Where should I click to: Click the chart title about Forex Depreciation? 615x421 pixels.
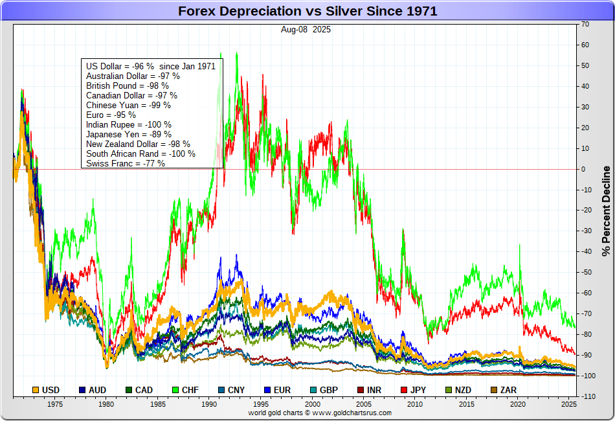[x=307, y=11]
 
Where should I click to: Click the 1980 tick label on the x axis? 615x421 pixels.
[x=106, y=405]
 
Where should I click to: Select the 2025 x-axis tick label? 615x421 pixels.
[x=568, y=405]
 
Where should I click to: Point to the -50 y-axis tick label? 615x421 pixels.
[x=587, y=272]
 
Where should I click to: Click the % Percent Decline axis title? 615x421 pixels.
[x=606, y=210]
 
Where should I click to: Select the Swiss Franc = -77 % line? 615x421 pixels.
[x=126, y=163]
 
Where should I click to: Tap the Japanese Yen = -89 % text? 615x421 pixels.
[x=129, y=134]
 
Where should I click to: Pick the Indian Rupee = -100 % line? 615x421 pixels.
[x=129, y=124]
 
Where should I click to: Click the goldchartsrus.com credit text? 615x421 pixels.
[x=320, y=413]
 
